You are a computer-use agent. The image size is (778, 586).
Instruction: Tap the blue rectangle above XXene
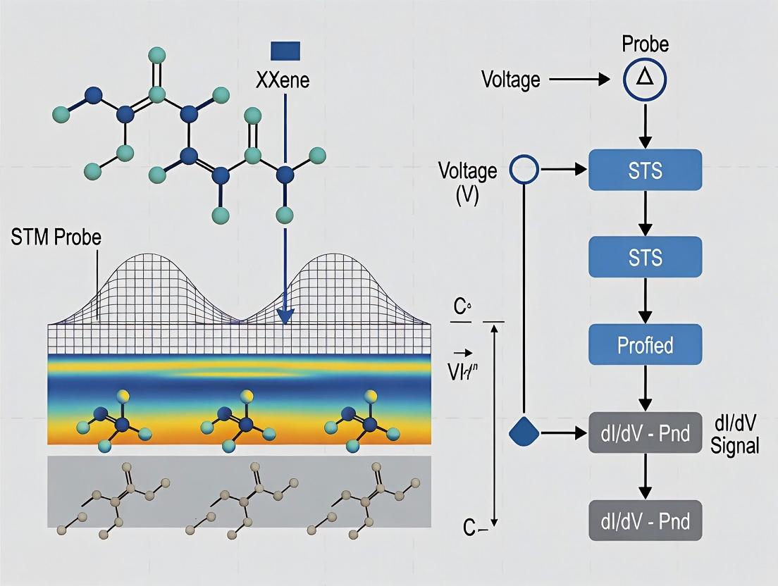click(x=285, y=51)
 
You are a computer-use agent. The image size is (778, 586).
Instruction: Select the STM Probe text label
click(x=56, y=237)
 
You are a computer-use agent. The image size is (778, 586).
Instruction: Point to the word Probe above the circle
click(x=645, y=44)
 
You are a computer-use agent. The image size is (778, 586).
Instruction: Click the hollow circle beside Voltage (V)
click(x=524, y=170)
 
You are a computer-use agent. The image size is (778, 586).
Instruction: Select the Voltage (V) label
click(x=467, y=181)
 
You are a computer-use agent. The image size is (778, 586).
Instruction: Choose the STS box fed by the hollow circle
click(x=645, y=170)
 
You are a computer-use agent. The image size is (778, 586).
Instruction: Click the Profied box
click(x=645, y=344)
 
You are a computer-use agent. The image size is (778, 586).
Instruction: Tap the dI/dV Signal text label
click(x=735, y=436)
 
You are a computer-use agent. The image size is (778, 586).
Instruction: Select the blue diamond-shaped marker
click(x=523, y=431)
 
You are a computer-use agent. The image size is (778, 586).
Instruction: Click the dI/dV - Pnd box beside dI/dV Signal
click(x=645, y=432)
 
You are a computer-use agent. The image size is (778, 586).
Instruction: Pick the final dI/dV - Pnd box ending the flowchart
click(x=645, y=520)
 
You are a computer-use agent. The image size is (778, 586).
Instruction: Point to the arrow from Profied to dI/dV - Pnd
click(x=645, y=387)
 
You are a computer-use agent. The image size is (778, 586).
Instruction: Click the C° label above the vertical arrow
click(x=462, y=308)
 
